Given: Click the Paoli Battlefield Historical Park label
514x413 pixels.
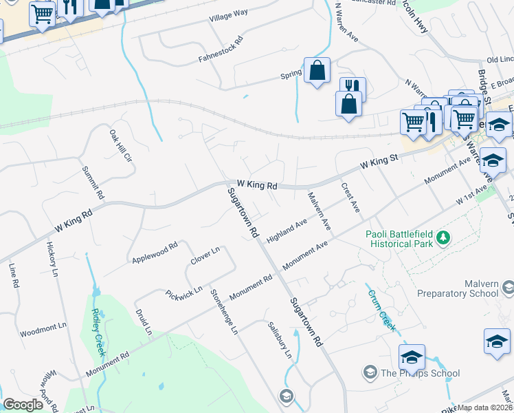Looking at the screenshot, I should pyautogui.click(x=401, y=238).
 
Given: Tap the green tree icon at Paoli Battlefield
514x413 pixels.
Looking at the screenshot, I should pyautogui.click(x=443, y=237).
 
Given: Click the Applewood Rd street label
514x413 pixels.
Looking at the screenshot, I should pyautogui.click(x=155, y=253).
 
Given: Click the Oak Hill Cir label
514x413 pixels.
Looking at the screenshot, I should pyautogui.click(x=121, y=145).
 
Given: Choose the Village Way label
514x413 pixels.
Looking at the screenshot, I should pyautogui.click(x=229, y=14).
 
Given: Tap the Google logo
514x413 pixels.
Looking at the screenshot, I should pyautogui.click(x=23, y=404).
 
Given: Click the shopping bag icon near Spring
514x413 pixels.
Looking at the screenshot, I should pyautogui.click(x=317, y=71).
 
